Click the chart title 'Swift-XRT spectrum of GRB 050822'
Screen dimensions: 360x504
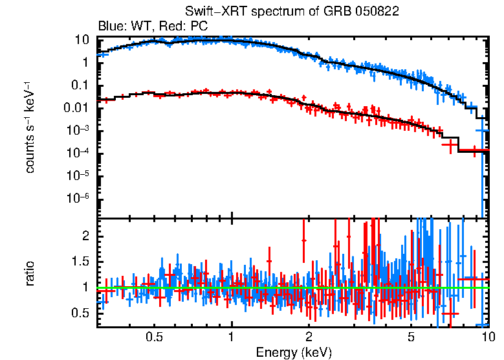point(291,12)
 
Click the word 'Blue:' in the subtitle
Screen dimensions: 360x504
point(111,27)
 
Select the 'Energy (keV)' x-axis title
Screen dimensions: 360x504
point(294,352)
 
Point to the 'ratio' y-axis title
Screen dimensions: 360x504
point(30,273)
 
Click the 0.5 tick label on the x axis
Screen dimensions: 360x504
point(154,337)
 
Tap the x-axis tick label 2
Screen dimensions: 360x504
point(309,337)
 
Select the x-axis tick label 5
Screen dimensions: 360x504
point(411,337)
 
